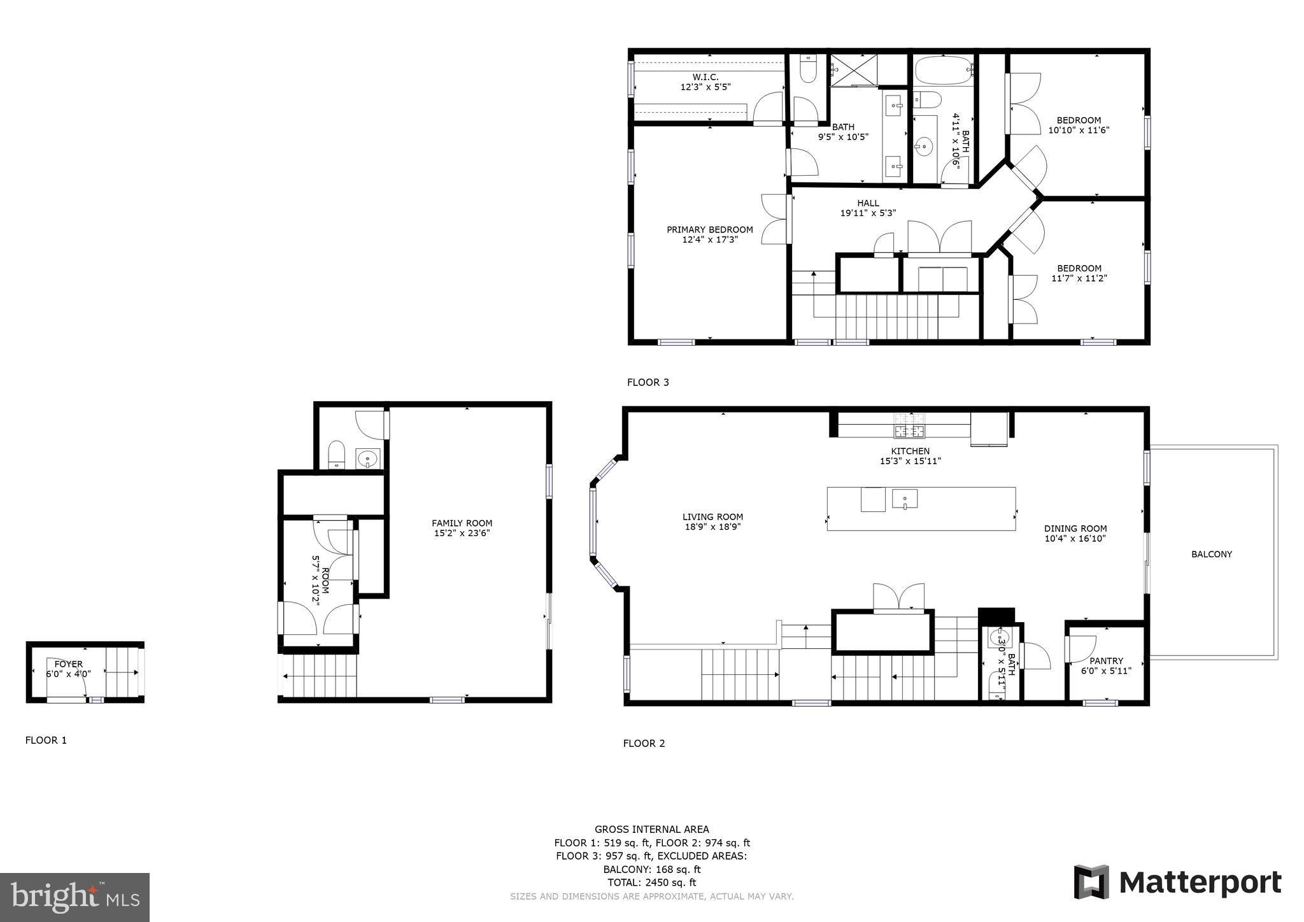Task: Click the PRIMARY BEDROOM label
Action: pos(709,230)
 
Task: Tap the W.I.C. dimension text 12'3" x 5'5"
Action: pos(705,87)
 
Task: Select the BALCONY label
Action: pos(1211,555)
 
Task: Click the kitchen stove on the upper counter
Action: pos(909,427)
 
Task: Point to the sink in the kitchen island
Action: pos(904,499)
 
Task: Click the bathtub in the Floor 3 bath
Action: pos(942,70)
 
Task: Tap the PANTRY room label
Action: pos(1106,661)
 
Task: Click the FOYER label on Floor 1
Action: pos(68,664)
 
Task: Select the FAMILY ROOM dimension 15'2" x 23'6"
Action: pos(462,534)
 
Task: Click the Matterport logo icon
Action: pos(1091,882)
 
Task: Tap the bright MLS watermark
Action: pos(75,897)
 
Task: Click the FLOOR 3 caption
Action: pos(648,383)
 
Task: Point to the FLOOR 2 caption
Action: pos(644,743)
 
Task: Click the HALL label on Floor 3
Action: pos(868,203)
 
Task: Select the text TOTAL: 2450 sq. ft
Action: pos(651,883)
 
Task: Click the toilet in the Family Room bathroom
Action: pos(336,455)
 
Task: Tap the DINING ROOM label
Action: pos(1075,528)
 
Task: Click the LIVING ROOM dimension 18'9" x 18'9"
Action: pos(712,527)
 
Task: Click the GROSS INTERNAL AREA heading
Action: pos(651,829)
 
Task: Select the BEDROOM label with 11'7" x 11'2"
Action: pos(1079,268)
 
